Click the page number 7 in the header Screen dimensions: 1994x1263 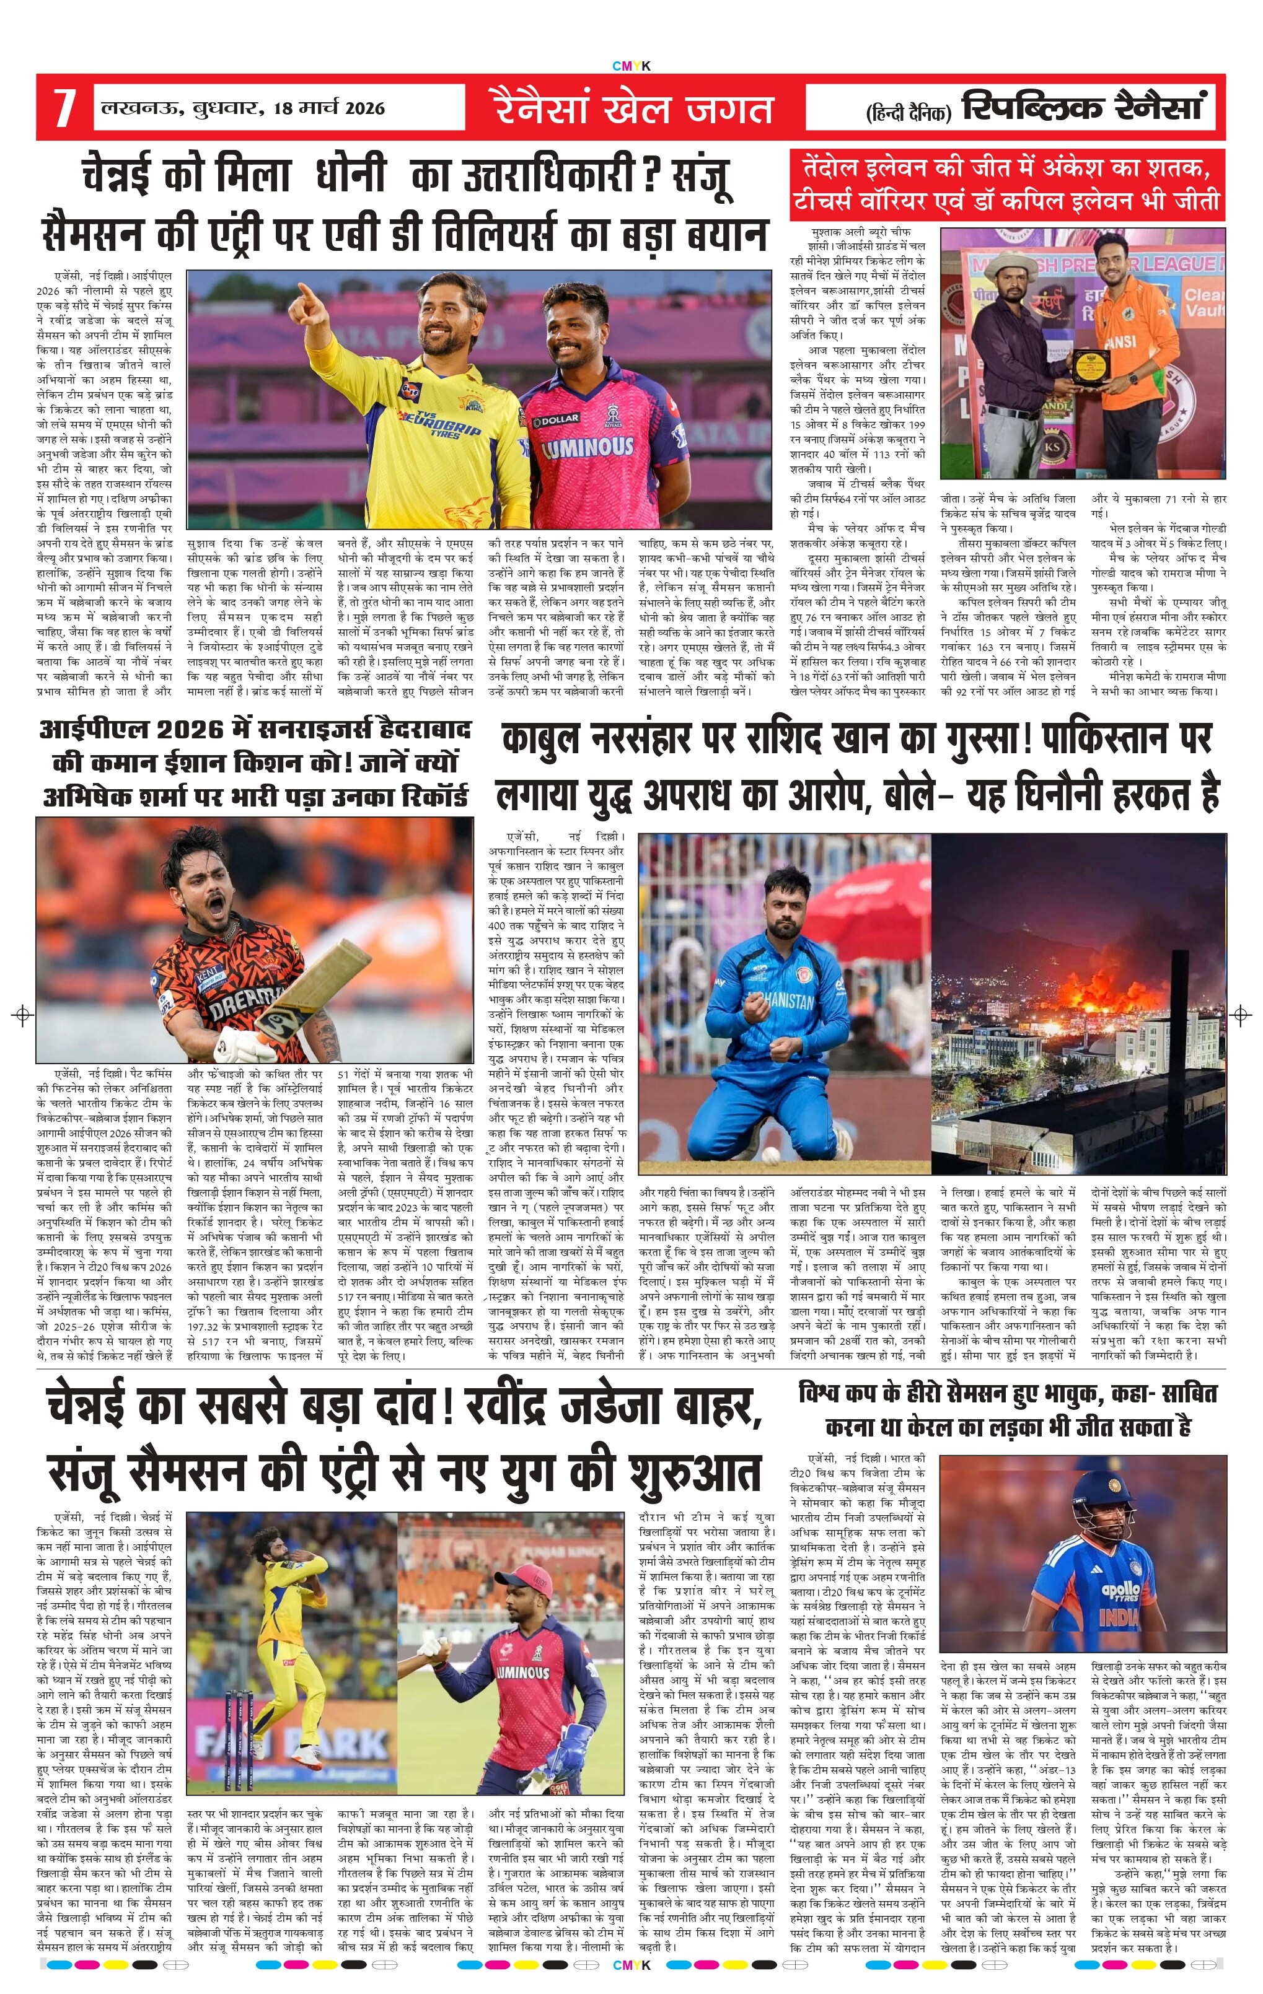[x=64, y=108]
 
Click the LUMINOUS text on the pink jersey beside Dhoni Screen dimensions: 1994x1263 [x=588, y=448]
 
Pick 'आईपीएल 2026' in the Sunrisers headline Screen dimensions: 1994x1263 [x=133, y=731]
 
